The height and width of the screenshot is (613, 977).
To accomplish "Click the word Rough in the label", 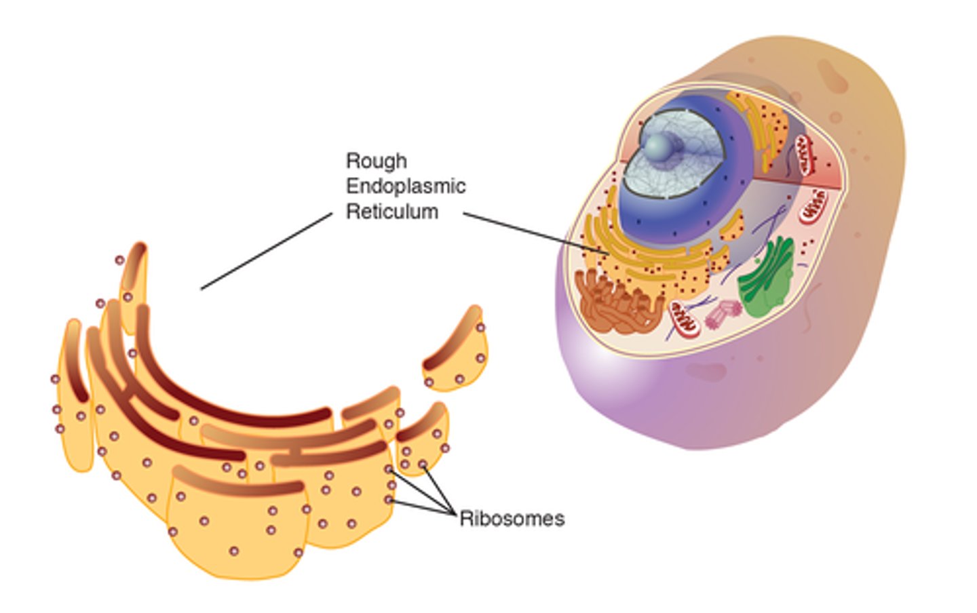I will [377, 161].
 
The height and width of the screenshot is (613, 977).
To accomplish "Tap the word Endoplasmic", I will [406, 186].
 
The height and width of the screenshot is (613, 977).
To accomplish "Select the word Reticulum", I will [392, 212].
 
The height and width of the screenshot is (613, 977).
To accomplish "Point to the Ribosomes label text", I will [512, 519].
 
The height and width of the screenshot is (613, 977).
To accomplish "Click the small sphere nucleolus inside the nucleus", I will [659, 144].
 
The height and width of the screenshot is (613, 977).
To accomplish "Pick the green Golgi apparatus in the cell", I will [767, 278].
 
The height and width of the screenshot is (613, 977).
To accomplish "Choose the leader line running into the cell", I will [536, 233].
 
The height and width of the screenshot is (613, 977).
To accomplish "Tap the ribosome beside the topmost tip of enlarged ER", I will [119, 260].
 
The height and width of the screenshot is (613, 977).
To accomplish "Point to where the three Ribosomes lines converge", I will [453, 513].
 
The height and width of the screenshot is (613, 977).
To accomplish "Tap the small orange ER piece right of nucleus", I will [731, 227].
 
